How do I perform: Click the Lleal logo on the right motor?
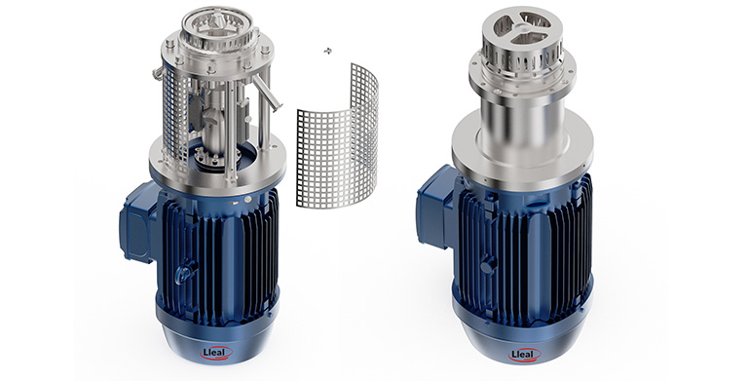point(524,355)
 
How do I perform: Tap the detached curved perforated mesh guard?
point(338,138)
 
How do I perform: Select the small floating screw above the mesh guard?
point(327,51)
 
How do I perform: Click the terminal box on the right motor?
point(434,206)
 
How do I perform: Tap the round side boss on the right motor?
point(487,265)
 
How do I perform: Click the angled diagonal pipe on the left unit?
point(266,93)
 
